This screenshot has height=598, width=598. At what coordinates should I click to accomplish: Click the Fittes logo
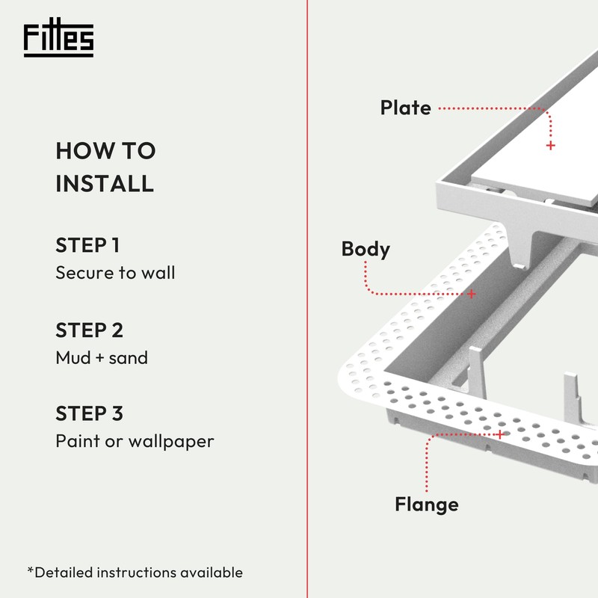tap(58, 40)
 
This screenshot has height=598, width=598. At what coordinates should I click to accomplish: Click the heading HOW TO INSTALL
tap(105, 167)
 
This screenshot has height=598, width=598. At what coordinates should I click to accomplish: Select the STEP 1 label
tap(87, 245)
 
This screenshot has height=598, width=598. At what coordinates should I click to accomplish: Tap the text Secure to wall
tap(115, 273)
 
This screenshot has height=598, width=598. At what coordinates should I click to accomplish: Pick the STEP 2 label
tap(89, 330)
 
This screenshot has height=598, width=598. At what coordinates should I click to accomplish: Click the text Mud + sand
tap(102, 357)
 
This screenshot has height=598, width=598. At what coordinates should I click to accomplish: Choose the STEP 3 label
tap(89, 413)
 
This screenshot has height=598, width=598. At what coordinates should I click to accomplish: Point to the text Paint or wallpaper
tap(135, 441)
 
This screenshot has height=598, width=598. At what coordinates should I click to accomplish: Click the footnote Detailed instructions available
tap(135, 573)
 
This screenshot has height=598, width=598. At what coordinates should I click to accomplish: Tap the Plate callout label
tap(405, 108)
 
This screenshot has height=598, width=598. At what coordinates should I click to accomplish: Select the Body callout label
tap(366, 248)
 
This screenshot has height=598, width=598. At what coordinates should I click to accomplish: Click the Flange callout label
tap(426, 505)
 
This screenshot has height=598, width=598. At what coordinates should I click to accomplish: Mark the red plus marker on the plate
tap(551, 145)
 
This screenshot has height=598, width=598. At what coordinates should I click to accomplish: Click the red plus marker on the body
tap(472, 294)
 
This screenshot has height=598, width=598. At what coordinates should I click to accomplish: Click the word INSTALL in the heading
tap(105, 183)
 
